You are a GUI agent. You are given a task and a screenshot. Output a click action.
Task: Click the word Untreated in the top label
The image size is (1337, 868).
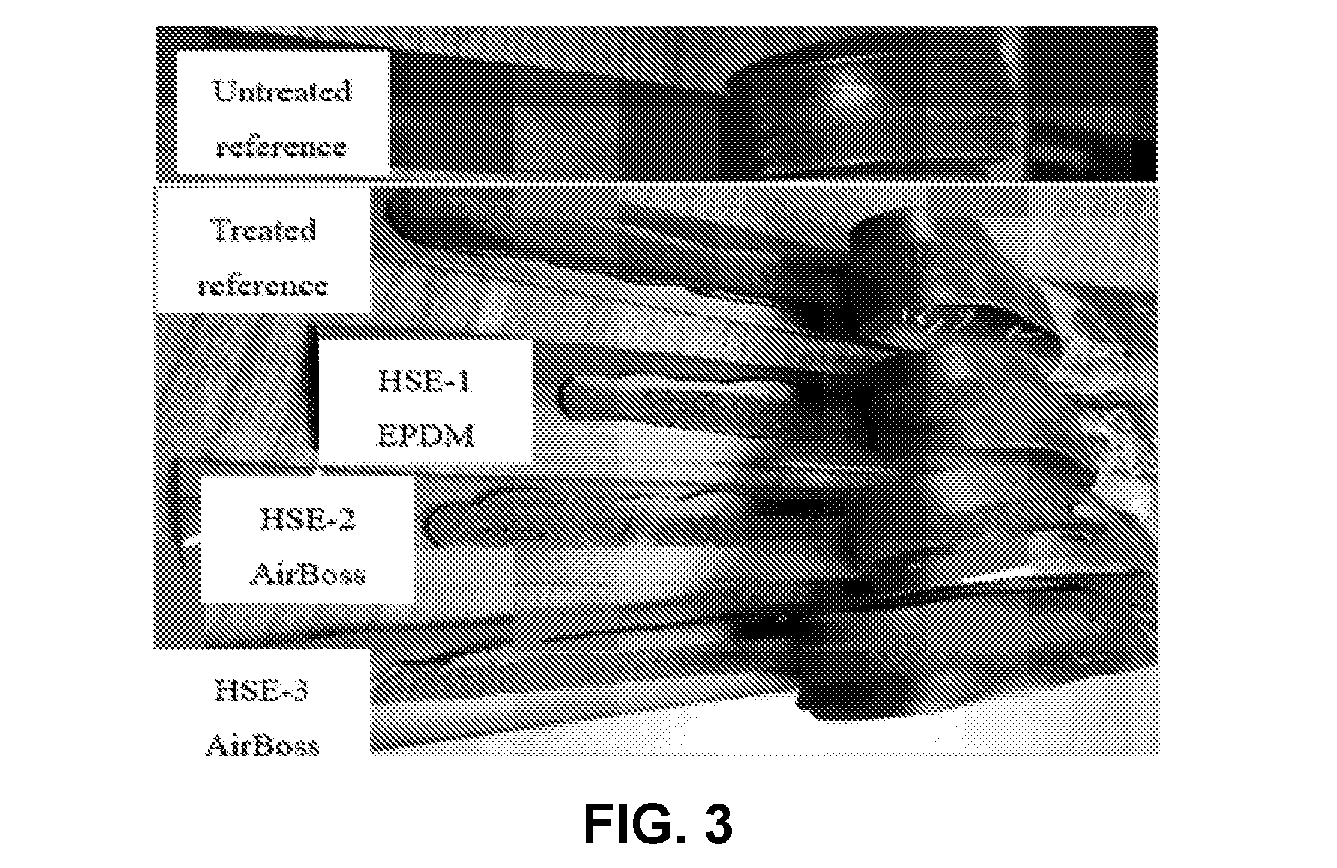pyautogui.click(x=283, y=91)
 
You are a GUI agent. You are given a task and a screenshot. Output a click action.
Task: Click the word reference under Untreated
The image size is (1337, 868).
pyautogui.click(x=281, y=146)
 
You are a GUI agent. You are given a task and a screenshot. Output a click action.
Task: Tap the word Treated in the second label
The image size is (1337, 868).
pyautogui.click(x=263, y=230)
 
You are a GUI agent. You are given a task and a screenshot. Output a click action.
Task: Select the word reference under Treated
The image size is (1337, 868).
pyautogui.click(x=263, y=285)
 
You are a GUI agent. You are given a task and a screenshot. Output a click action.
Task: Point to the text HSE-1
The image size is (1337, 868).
pyautogui.click(x=425, y=382)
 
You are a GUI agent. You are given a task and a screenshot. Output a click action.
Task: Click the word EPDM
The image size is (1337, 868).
pyautogui.click(x=425, y=435)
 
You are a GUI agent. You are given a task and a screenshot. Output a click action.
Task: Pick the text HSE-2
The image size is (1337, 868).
pyautogui.click(x=308, y=519)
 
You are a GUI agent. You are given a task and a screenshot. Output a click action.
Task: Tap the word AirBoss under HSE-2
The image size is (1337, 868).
pyautogui.click(x=308, y=574)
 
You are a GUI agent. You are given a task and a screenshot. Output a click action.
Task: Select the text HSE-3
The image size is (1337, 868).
pyautogui.click(x=262, y=690)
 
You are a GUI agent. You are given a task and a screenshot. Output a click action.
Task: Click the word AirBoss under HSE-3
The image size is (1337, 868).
pyautogui.click(x=262, y=745)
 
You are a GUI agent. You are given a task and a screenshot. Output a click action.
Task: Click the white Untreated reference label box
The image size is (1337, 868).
pyautogui.click(x=282, y=114)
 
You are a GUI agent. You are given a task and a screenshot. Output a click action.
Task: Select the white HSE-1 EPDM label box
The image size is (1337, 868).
pyautogui.click(x=426, y=401)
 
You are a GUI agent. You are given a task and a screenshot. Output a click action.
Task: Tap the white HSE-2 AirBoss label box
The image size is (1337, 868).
pyautogui.click(x=308, y=540)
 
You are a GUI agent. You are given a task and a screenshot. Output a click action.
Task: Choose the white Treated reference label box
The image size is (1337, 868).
pyautogui.click(x=263, y=248)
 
